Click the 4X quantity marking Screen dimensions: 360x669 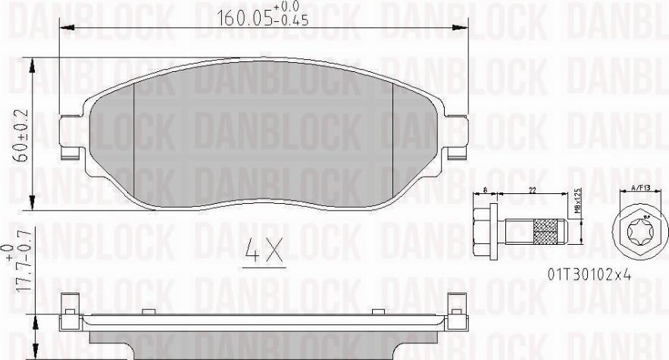pos(264,252)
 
